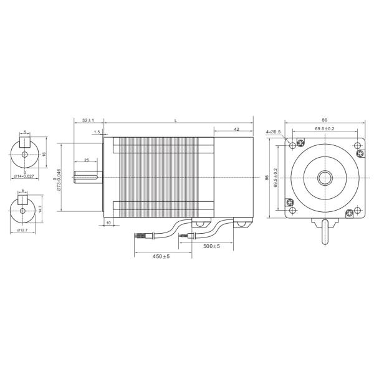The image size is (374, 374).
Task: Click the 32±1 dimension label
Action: coord(87,120)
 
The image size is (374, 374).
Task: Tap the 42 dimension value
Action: coord(237,129)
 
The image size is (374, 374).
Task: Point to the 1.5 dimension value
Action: coord(97,132)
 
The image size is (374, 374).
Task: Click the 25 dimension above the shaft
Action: coord(86,160)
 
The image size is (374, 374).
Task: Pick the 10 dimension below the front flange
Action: coord(108,223)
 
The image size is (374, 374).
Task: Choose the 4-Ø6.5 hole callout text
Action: coord(274,132)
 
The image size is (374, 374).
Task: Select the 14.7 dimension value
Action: coord(41,209)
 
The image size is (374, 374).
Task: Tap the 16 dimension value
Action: coord(44,153)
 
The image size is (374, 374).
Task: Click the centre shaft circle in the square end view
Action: coord(325,178)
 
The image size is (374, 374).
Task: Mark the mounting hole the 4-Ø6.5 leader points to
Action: coord(292,145)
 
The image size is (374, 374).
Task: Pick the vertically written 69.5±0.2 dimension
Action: coord(276,178)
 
